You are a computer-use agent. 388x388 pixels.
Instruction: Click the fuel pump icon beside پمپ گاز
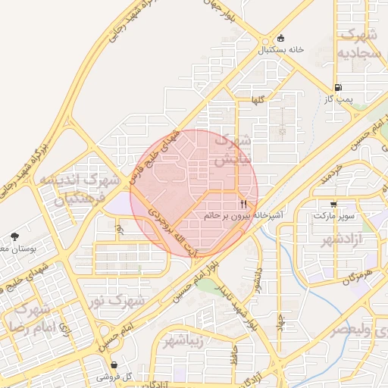point(337,87)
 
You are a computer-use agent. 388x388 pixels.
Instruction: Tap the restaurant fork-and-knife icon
point(243,204)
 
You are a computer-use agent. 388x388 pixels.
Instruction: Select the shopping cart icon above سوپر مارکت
point(333,205)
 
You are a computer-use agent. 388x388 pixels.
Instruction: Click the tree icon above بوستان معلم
point(15,237)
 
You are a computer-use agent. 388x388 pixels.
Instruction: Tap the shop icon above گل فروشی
point(114,365)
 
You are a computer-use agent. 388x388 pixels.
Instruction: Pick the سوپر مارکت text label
point(333,217)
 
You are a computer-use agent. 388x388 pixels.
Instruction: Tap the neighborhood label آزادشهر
point(339,239)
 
